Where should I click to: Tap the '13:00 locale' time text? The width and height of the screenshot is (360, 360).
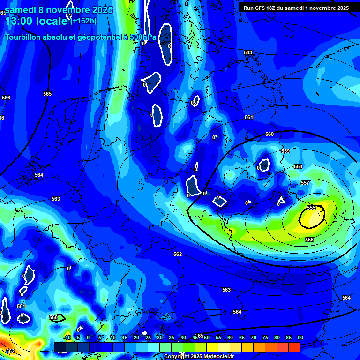[x=36, y=22]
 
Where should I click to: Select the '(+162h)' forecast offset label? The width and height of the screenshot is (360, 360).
[x=83, y=21]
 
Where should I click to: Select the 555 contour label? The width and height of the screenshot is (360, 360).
[x=311, y=208]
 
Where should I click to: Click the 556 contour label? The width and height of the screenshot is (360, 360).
[x=309, y=240]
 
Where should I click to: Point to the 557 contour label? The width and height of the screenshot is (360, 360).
[x=305, y=183]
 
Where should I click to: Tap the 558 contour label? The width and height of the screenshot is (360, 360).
[x=298, y=167]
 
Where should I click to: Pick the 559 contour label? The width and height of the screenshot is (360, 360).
[x=285, y=151]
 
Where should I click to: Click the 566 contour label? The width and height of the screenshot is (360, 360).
[x=6, y=97]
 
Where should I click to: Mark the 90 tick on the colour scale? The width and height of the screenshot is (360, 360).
[x=300, y=338]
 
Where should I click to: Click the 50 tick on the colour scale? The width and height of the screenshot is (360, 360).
[x=206, y=338]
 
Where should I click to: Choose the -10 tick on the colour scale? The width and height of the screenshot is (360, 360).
[x=67, y=338]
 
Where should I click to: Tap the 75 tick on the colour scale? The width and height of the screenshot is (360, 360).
[x=265, y=338]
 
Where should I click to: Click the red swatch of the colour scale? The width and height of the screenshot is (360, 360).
[x=294, y=346]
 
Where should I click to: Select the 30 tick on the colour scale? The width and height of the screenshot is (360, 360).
[x=159, y=338]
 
